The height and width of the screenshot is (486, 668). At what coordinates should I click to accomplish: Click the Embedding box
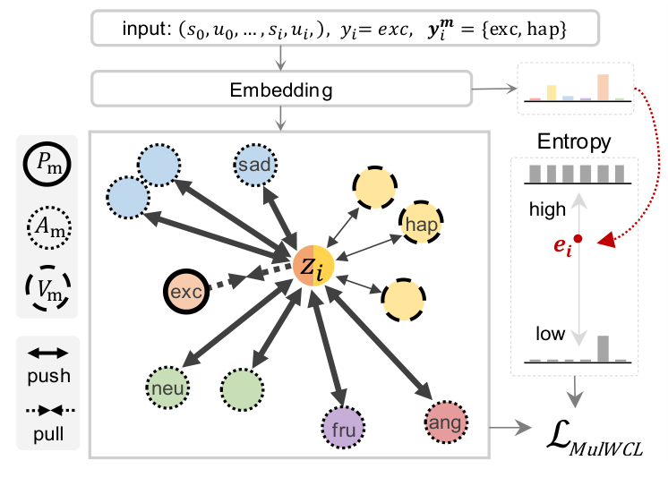coord(281,89)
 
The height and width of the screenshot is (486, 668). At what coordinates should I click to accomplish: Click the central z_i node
coord(313,265)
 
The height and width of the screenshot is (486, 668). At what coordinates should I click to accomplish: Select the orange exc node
coord(186,292)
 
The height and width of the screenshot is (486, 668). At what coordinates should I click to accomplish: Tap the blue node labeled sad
coord(255,165)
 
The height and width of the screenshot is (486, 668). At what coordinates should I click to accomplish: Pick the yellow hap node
coord(421,222)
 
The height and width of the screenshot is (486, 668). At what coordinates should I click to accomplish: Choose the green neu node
coord(167,388)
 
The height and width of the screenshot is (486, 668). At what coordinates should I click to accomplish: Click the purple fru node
coord(343,428)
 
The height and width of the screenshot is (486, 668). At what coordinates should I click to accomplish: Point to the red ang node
coord(446,422)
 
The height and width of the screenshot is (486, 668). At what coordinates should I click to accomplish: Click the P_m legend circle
coord(47,164)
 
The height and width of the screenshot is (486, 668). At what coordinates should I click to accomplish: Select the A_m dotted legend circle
coord(48,227)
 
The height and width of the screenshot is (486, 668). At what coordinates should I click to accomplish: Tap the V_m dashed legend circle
coord(48,288)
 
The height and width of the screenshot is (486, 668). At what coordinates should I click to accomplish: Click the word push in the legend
coord(48,376)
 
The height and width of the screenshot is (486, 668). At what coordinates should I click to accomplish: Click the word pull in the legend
coord(48,434)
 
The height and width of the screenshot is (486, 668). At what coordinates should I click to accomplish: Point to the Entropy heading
coord(574,141)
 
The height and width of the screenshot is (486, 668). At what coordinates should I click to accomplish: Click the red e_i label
coord(562,246)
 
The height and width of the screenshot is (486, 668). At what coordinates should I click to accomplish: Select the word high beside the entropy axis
coord(547,209)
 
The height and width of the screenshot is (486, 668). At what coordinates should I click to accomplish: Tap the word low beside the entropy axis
coord(551,334)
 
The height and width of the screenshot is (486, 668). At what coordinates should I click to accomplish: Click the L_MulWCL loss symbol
coord(595,439)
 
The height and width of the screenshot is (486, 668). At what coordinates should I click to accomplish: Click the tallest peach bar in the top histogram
coord(603,88)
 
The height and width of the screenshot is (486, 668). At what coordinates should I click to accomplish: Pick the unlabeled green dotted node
coord(242,388)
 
